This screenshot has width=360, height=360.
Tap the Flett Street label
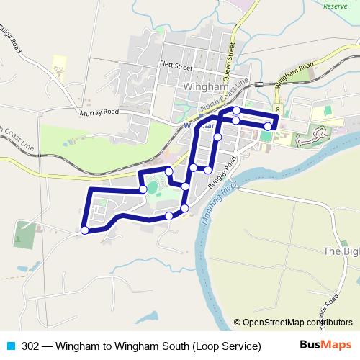pyautogui.click(x=176, y=66)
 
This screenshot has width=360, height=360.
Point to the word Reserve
pyautogui.click(x=335, y=6)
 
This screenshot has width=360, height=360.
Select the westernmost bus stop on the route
pyautogui.click(x=84, y=230)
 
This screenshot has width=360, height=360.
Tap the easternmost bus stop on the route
pyautogui.click(x=268, y=126)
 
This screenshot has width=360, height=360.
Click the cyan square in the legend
pyautogui.click(x=11, y=346)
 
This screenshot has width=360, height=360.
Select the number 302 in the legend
pyautogui.click(x=30, y=346)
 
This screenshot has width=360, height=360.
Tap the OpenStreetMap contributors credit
pyautogui.click(x=298, y=323)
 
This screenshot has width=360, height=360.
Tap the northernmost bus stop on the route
pyautogui.click(x=236, y=110)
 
